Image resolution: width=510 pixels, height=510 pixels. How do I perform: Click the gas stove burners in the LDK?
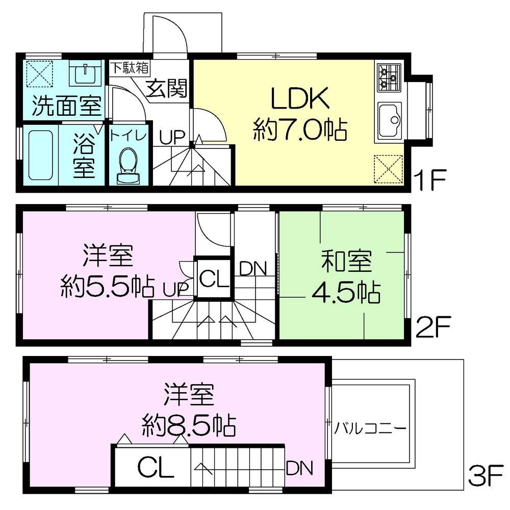(389, 77)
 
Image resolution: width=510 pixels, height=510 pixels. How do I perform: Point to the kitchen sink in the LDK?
(390, 119)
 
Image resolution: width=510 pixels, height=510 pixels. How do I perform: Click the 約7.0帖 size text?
(300, 132)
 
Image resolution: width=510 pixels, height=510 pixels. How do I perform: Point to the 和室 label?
(346, 263)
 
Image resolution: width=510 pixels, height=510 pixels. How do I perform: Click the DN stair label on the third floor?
(299, 467)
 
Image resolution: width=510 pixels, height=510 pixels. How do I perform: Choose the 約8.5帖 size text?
(188, 424)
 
